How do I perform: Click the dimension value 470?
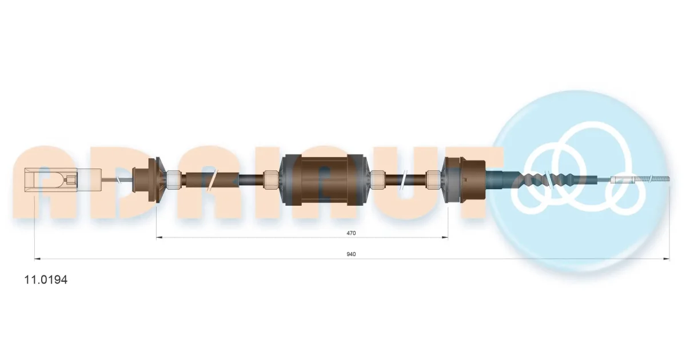[351, 233]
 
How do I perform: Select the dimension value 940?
[351, 254]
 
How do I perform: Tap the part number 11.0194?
[46, 280]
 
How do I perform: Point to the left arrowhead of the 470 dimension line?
[159, 237]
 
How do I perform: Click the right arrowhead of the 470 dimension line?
[445, 237]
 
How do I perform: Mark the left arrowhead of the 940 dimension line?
[37, 259]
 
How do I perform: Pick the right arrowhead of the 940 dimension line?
[667, 259]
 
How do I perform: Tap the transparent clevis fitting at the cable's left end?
[63, 181]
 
